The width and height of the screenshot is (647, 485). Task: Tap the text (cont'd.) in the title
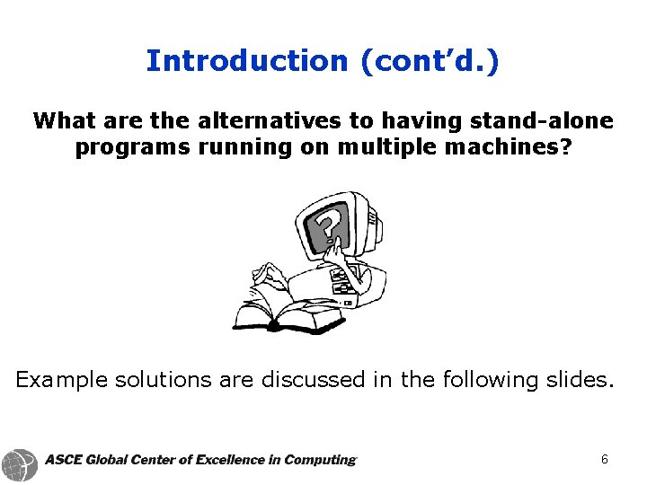[x=430, y=61]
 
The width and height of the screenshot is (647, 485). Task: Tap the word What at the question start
[x=62, y=120]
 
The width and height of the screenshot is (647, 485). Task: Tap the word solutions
[x=164, y=380]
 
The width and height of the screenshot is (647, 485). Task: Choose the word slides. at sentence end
[x=581, y=380]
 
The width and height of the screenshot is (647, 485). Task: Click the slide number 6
[x=605, y=459]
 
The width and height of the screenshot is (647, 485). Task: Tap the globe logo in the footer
[x=20, y=464]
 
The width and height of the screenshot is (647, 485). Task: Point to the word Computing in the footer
[x=319, y=460]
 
